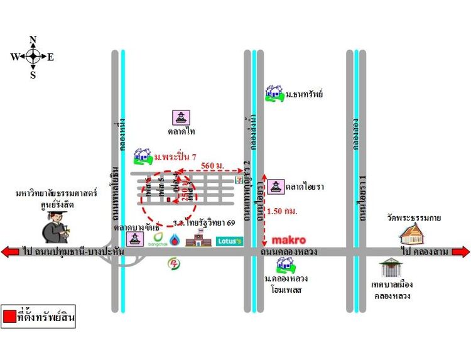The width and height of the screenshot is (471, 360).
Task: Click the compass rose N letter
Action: (33, 40)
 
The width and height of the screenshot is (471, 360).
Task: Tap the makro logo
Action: (288, 239)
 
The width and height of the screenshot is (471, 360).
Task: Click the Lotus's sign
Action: (229, 241)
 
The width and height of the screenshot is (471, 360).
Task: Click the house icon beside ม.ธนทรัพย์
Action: (274, 93)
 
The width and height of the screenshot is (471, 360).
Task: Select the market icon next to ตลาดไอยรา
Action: (275, 187)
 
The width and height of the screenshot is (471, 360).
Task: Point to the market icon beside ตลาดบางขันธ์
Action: (134, 239)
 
